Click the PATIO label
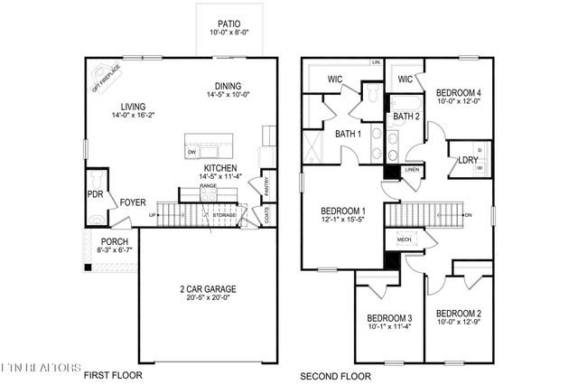click(x=229, y=24)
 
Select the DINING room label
click(x=228, y=87)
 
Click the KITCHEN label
click(x=221, y=169)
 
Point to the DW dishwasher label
click(x=192, y=153)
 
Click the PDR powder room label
click(x=96, y=193)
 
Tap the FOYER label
click(x=133, y=202)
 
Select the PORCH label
click(x=114, y=241)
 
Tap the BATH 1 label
click(x=348, y=135)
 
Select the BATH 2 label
click(x=405, y=117)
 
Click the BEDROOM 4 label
click(x=459, y=92)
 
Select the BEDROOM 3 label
click(x=390, y=318)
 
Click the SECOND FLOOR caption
click(x=334, y=375)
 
